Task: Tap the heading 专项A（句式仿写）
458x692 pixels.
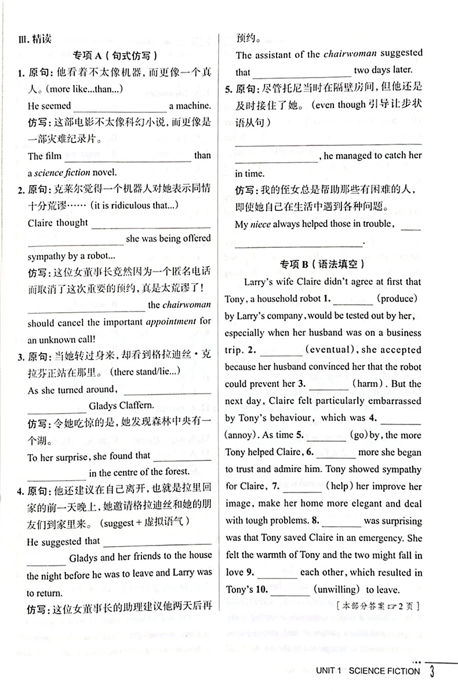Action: pos(115,56)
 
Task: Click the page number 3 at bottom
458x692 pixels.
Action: pos(432,671)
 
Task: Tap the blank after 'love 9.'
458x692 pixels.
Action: pos(277,573)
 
